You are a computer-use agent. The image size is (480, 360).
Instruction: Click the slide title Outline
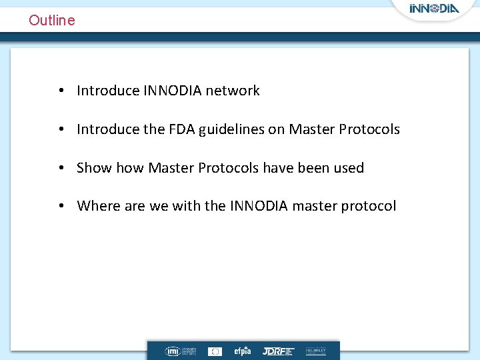[x=52, y=20]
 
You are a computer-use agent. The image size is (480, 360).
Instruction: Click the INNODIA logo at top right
[x=434, y=9]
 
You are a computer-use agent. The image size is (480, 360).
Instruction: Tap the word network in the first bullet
[x=233, y=91]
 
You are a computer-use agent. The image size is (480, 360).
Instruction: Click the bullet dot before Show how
[x=61, y=168]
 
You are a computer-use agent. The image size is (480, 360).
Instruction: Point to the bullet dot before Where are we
[x=61, y=206]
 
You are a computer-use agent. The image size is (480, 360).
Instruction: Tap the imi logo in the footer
[x=173, y=351]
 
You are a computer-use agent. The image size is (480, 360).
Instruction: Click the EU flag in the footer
[x=215, y=351]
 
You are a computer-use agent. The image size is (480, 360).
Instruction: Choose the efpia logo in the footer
[x=242, y=351]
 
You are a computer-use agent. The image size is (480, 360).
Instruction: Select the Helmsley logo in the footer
[x=316, y=351]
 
